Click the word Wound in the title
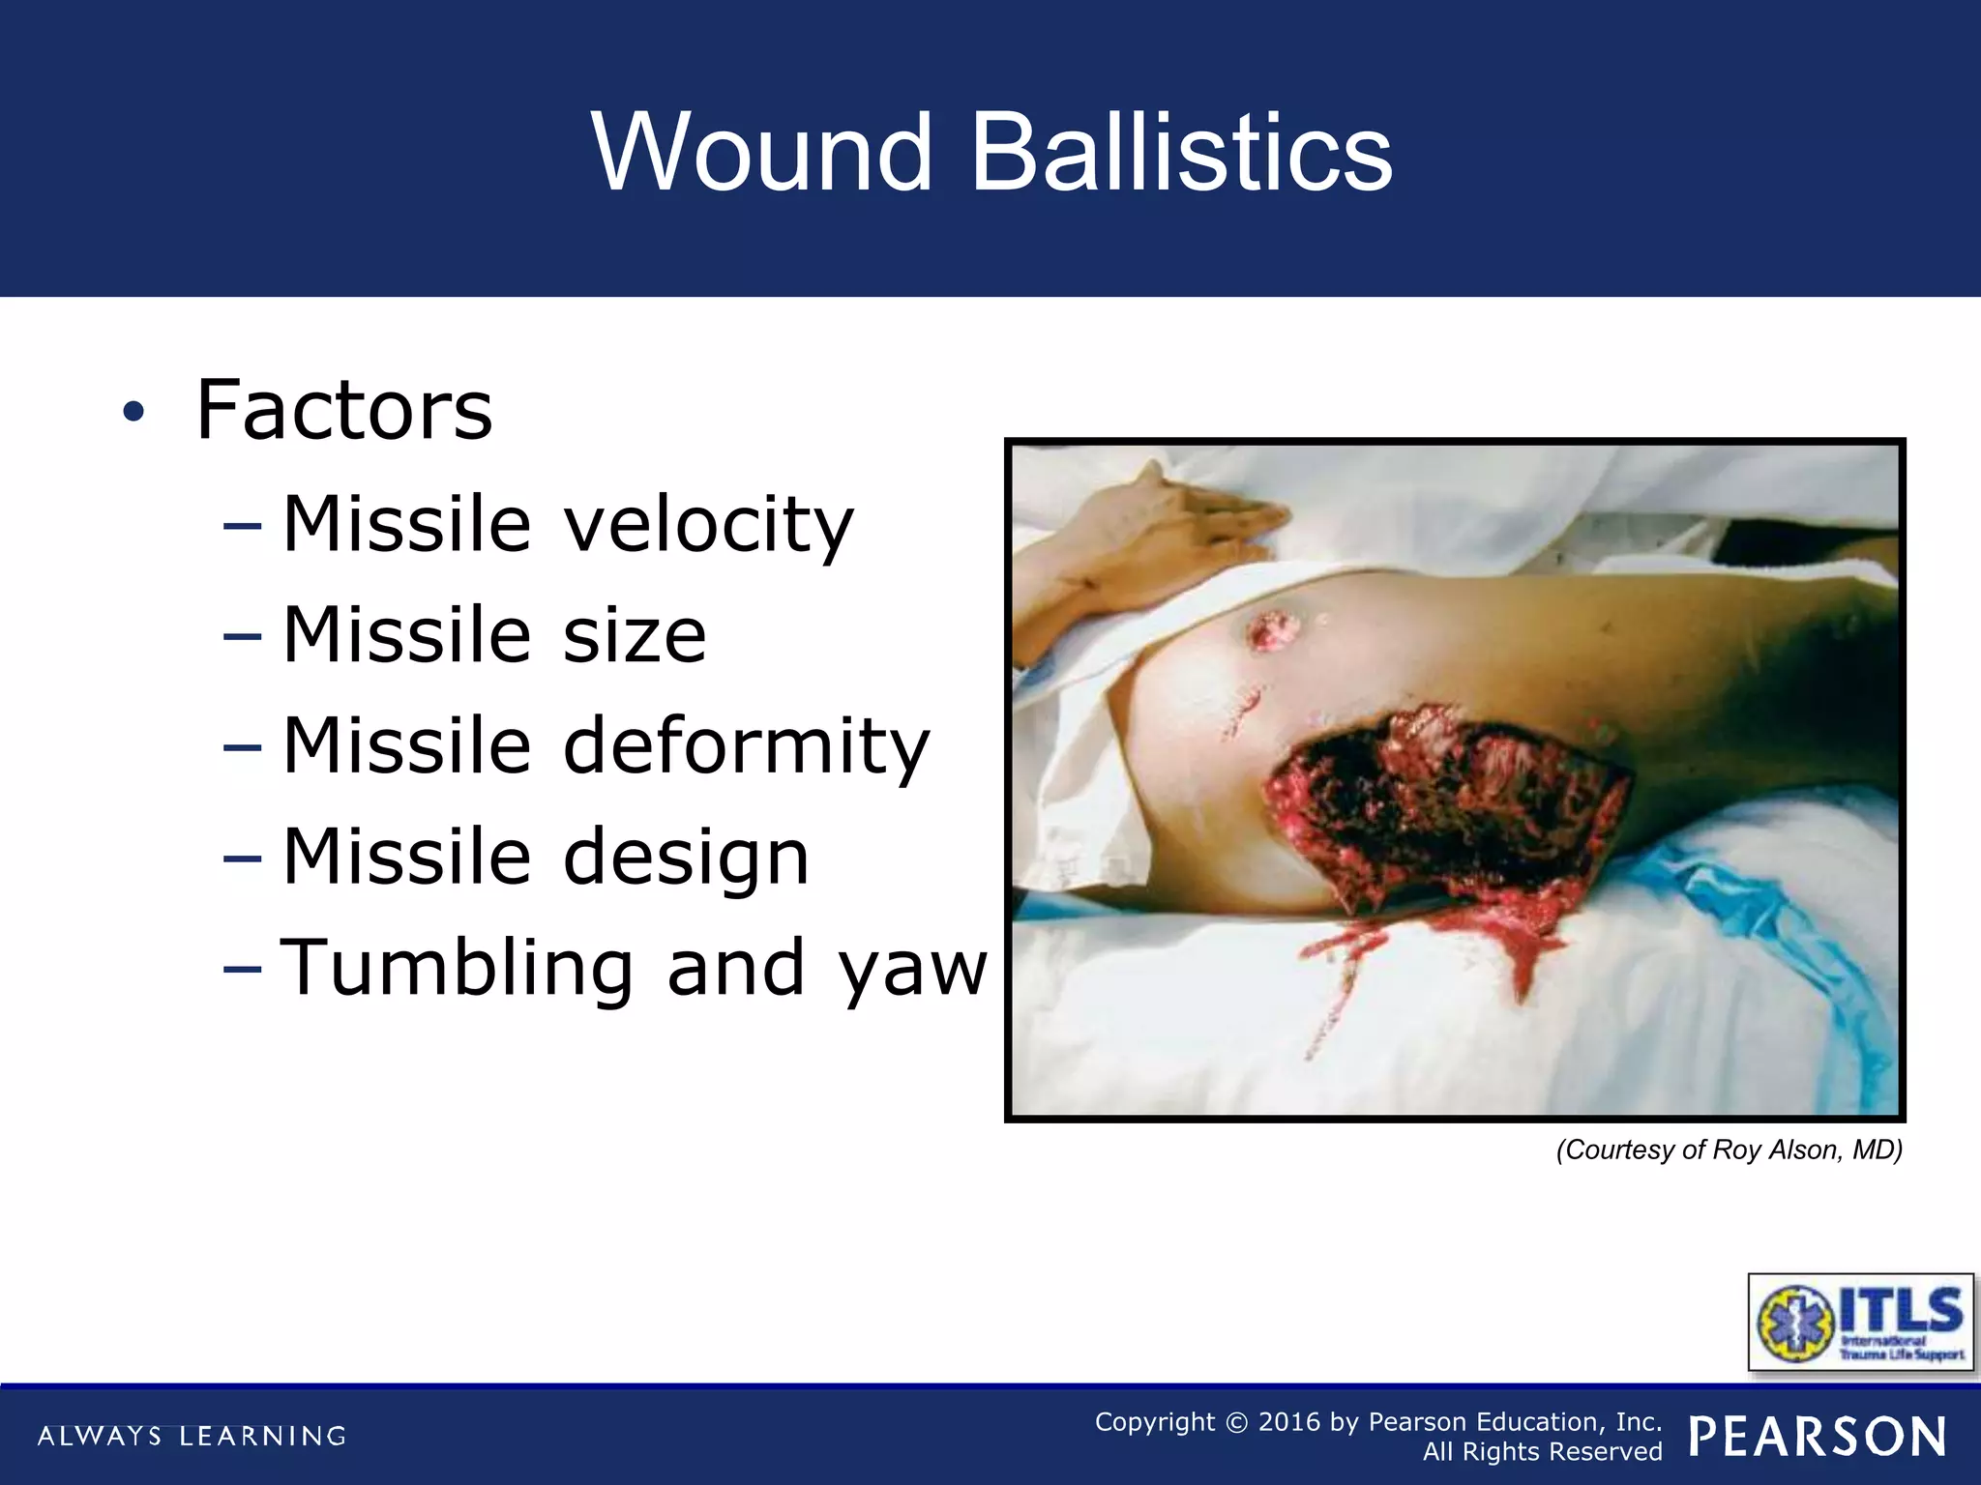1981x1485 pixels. [761, 153]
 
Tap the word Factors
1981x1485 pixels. [343, 410]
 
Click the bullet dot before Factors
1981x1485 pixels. [133, 413]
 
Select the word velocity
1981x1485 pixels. [708, 524]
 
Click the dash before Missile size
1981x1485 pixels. [242, 637]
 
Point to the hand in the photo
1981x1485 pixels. [1161, 541]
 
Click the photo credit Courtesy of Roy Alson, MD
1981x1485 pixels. [1729, 1150]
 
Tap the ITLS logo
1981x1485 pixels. [1860, 1322]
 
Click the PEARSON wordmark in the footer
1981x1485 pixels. [1818, 1437]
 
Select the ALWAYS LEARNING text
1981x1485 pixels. [192, 1436]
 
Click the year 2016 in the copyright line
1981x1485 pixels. [1288, 1421]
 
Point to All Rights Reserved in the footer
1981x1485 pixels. [1542, 1452]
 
